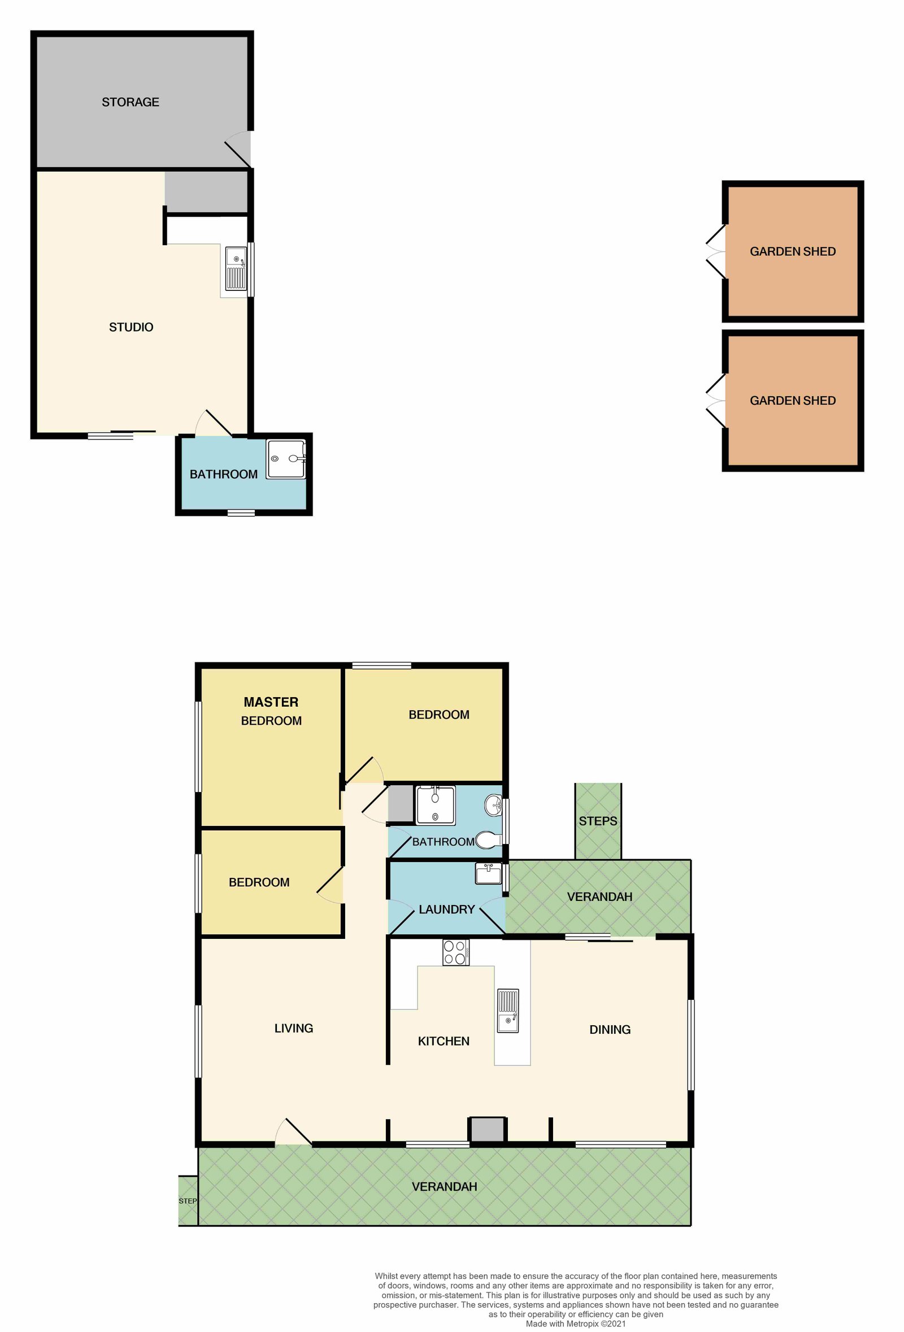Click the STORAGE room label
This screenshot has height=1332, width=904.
coord(130,102)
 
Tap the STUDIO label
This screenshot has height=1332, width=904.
coord(131,327)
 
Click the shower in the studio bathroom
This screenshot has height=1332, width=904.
coord(285,459)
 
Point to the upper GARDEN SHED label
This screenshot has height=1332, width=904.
coord(792,251)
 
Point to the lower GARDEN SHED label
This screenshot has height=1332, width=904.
coord(792,401)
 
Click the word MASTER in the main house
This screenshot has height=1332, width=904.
coord(271,702)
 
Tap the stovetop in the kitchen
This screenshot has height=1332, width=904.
coord(455,952)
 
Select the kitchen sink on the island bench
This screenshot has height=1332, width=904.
coord(507,1011)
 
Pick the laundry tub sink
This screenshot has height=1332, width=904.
coord(488,874)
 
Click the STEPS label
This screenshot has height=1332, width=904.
coord(597,821)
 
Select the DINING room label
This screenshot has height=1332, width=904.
coord(610,1029)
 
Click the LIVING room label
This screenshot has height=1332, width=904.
coord(293,1028)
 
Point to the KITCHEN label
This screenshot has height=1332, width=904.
coord(443,1041)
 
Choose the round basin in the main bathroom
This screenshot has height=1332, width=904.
coord(494,806)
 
